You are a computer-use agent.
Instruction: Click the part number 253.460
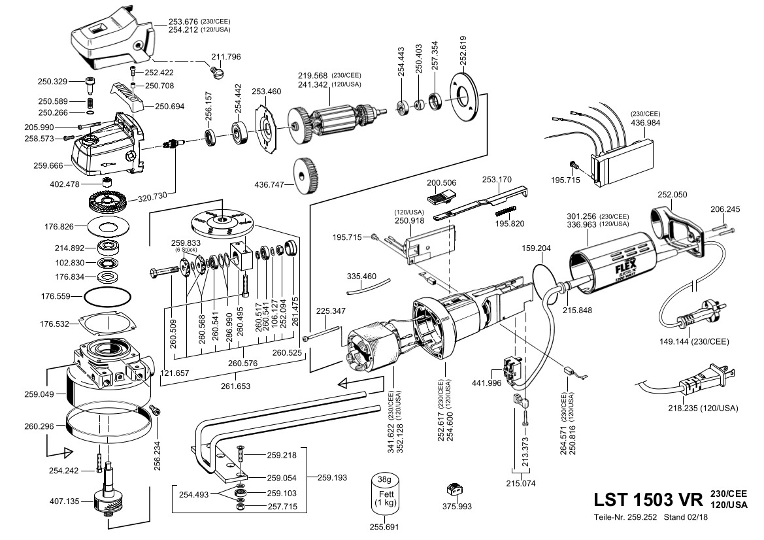pos(266,92)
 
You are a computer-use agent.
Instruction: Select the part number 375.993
pos(457,506)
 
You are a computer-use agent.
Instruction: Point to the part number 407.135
pos(63,501)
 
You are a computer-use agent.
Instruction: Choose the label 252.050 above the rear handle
pos(672,195)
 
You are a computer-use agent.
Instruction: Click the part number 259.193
pos(332,477)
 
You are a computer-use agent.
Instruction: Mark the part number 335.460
pos(361,277)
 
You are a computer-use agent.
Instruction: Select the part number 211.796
pos(225,57)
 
